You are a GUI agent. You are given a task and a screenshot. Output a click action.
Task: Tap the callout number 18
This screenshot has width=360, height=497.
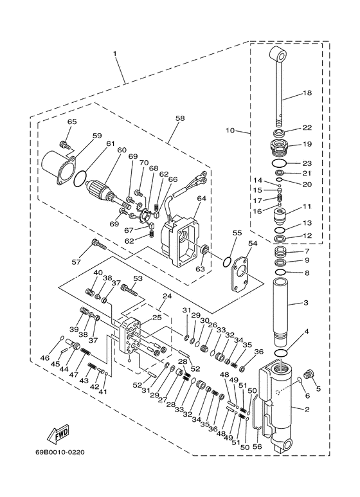coord(307,93)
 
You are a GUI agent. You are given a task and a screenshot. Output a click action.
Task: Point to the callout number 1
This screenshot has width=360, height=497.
coord(115,53)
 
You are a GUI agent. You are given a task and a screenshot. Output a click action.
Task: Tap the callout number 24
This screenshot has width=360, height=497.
coord(166,296)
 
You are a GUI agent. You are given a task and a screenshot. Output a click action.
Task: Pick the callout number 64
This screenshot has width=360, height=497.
coord(201,199)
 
